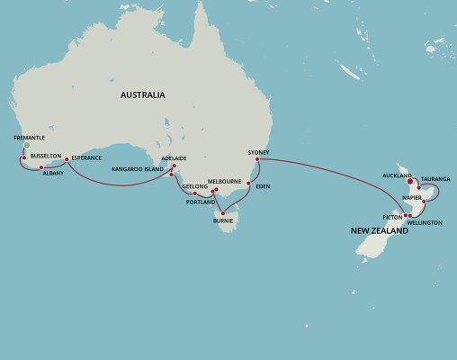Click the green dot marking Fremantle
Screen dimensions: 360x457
[x=27, y=145]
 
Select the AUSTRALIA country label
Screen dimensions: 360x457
[x=143, y=95]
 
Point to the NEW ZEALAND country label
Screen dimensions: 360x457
[x=380, y=231]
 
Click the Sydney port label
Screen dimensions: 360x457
[x=258, y=152]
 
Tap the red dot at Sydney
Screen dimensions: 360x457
[x=257, y=160]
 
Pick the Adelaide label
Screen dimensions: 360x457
[x=174, y=158]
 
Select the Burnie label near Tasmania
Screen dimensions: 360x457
[x=223, y=220]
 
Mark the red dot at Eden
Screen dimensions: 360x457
[x=248, y=183]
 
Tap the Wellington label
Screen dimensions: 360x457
[x=425, y=222]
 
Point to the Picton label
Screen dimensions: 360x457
[x=392, y=217]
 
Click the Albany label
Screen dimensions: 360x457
[x=53, y=174]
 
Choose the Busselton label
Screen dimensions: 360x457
[x=45, y=156]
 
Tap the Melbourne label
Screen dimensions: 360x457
[x=224, y=181]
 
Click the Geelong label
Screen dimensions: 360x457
[x=195, y=186]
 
